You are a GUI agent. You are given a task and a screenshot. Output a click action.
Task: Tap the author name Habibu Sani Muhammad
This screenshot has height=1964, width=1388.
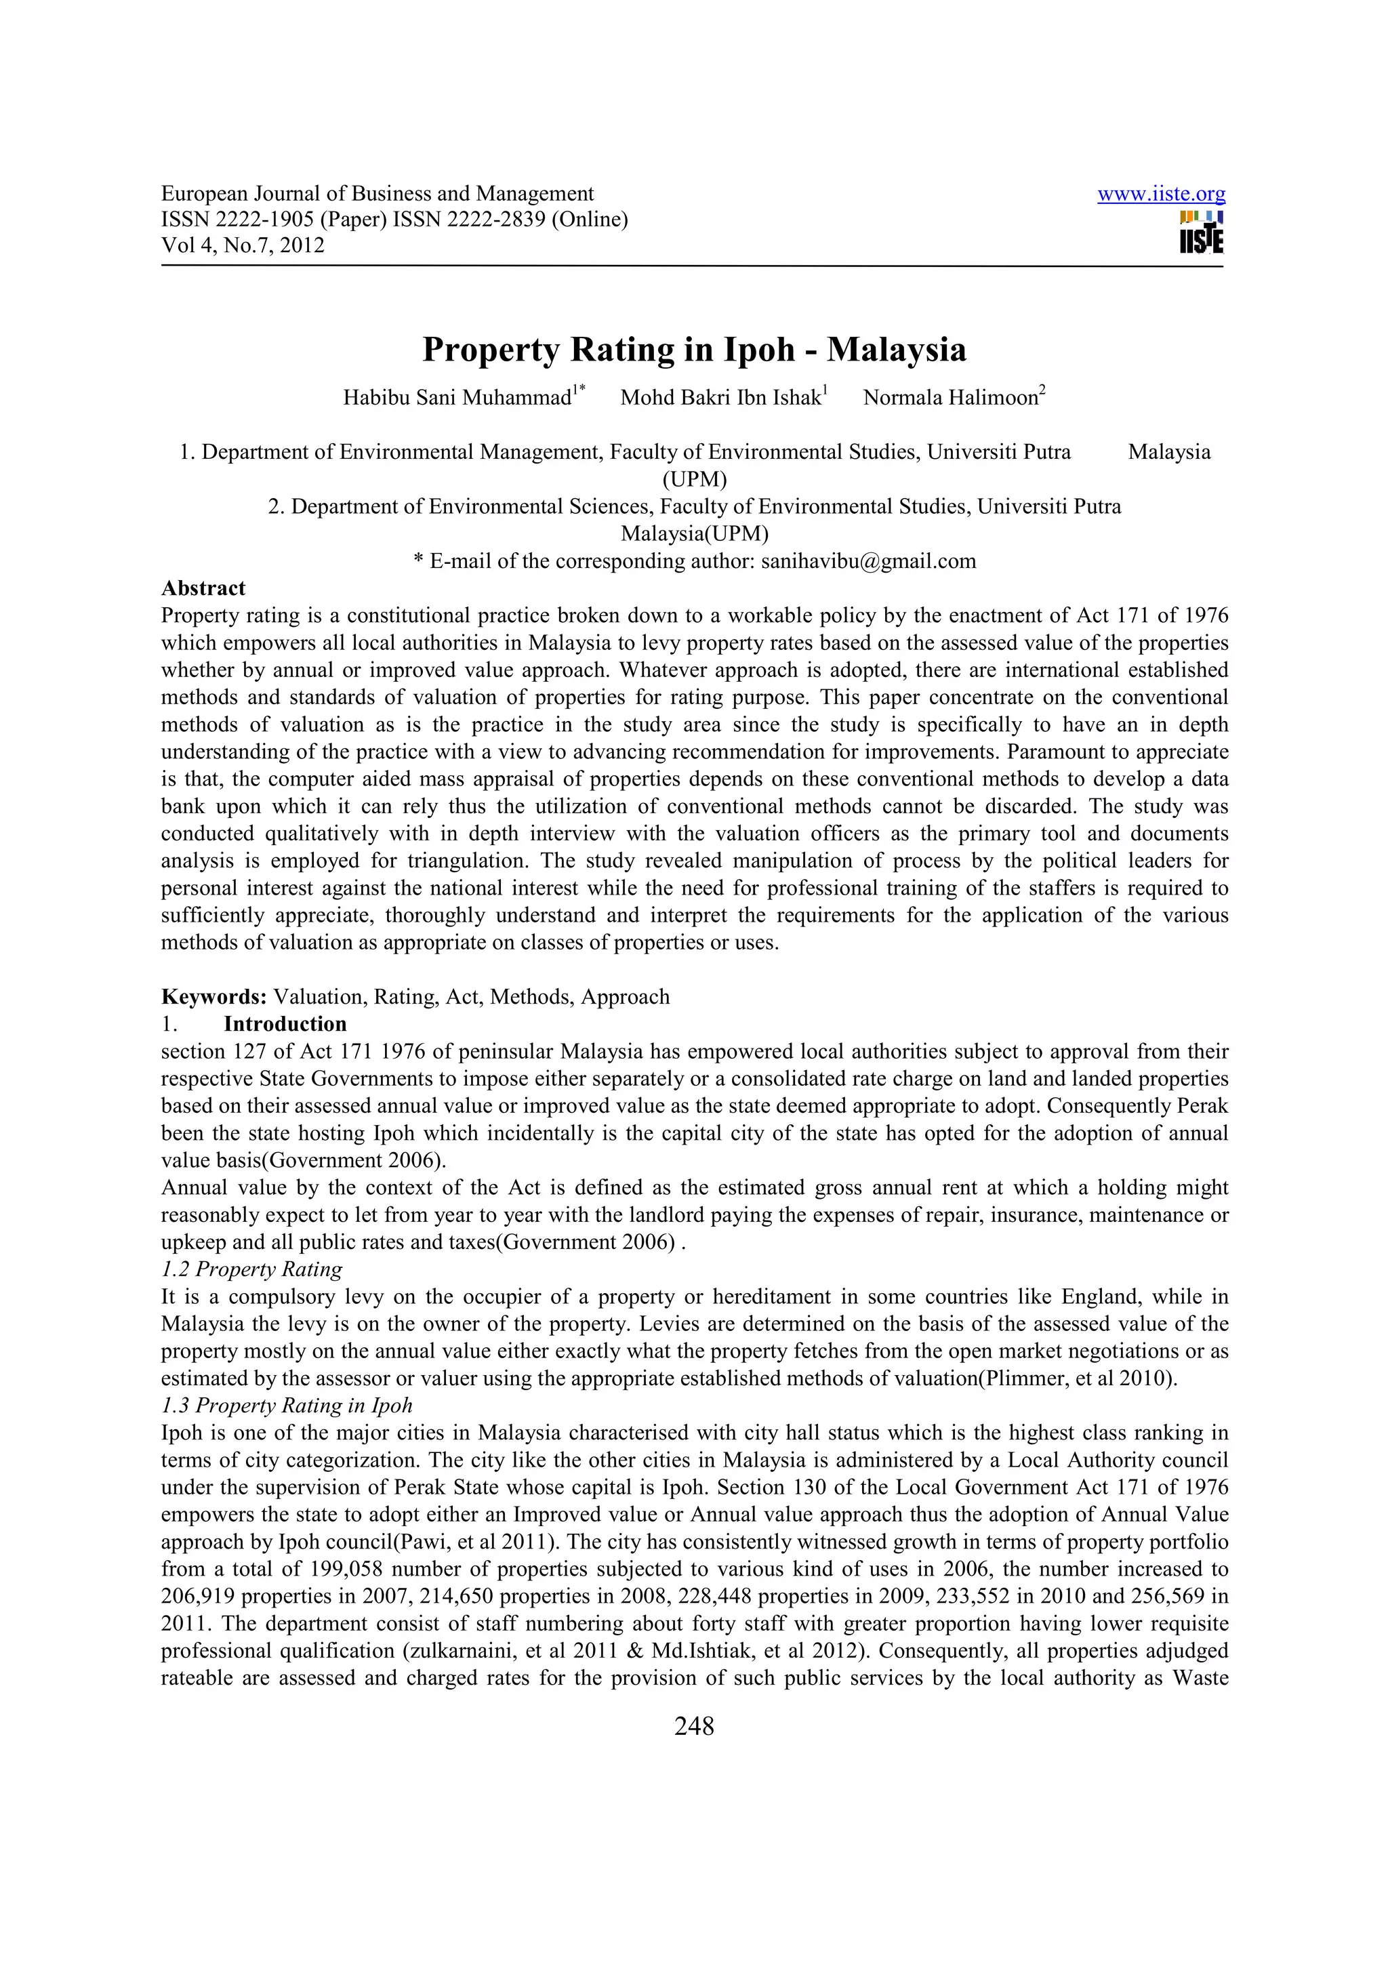457,398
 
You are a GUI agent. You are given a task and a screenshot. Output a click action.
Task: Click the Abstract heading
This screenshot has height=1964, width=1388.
203,588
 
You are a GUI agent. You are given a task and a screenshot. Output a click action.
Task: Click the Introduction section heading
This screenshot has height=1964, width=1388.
285,1024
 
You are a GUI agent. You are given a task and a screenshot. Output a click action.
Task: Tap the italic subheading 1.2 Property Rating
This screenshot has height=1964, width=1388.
251,1269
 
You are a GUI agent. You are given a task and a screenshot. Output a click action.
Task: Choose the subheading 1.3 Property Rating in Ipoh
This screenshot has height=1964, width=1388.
287,1406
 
